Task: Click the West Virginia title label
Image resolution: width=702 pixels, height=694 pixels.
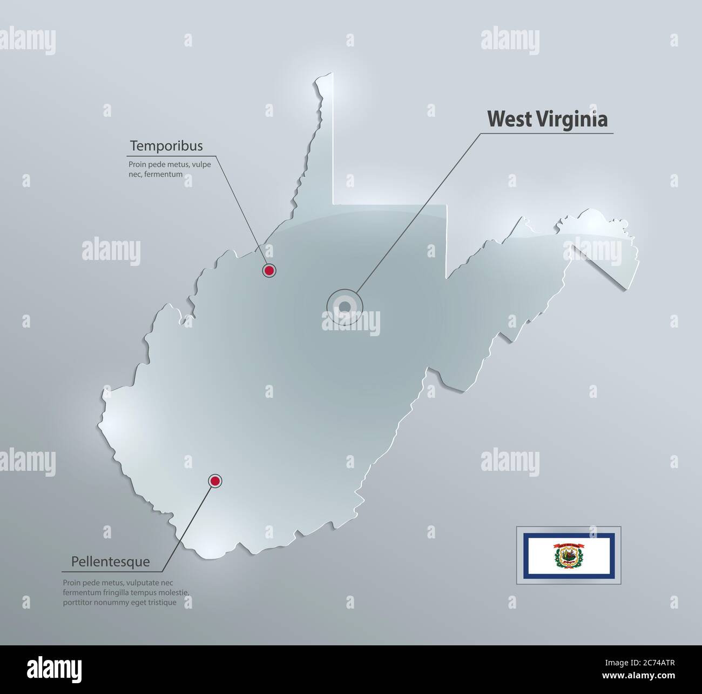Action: [548, 119]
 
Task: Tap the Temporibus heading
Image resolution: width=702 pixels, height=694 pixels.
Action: [166, 146]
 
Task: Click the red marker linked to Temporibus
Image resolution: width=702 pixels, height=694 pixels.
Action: [268, 270]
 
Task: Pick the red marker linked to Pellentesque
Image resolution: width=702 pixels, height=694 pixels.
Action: [215, 481]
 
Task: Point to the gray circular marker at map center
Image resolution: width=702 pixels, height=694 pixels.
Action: [345, 307]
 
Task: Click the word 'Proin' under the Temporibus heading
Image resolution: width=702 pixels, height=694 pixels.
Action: [137, 164]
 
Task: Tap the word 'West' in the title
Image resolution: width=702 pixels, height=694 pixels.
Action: [507, 119]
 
